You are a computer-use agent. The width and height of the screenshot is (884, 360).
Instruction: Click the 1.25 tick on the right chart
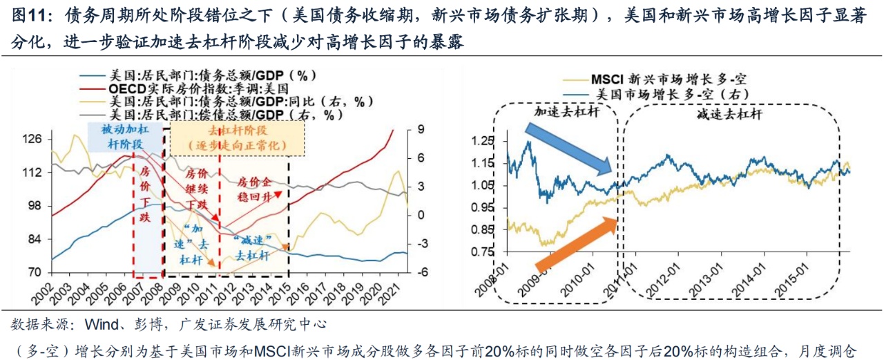[x=487, y=141]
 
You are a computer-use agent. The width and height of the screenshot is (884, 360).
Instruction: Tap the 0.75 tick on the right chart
[x=487, y=252]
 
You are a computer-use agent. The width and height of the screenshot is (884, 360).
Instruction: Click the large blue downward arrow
[x=568, y=148]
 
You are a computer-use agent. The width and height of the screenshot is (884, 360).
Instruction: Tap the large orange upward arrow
[x=575, y=243]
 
